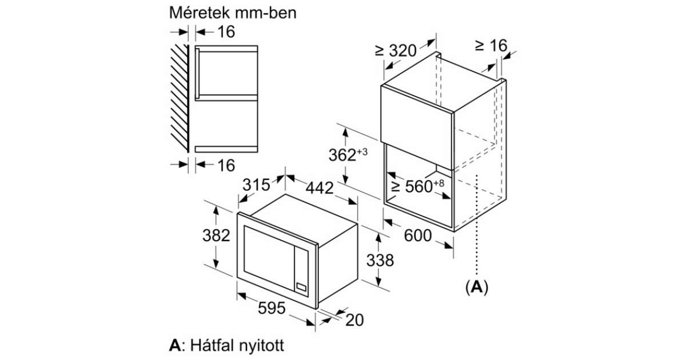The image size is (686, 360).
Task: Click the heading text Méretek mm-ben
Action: point(233,13)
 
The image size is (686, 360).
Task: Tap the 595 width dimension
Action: point(272,308)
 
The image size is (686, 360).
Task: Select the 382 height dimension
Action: point(216,235)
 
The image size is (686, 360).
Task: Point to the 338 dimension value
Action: point(380,260)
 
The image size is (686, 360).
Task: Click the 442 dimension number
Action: point(320,188)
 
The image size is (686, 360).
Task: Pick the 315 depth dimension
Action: point(256,185)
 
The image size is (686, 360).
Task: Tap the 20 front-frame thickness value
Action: point(354,320)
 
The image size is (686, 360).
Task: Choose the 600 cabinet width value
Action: point(418,235)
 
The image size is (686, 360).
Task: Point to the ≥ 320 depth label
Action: point(396,50)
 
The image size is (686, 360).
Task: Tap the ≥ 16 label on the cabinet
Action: point(491,45)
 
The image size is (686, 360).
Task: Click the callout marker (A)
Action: point(477,287)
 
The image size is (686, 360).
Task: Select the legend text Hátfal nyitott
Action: point(237,345)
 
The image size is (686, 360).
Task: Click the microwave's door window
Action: point(269,258)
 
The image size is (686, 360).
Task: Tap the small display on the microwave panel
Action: point(301,287)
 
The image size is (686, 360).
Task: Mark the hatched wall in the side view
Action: point(180,98)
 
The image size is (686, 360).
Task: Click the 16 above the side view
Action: point(226,32)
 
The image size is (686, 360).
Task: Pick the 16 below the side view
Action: point(226,165)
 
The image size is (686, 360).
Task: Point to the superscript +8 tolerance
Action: point(438,183)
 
